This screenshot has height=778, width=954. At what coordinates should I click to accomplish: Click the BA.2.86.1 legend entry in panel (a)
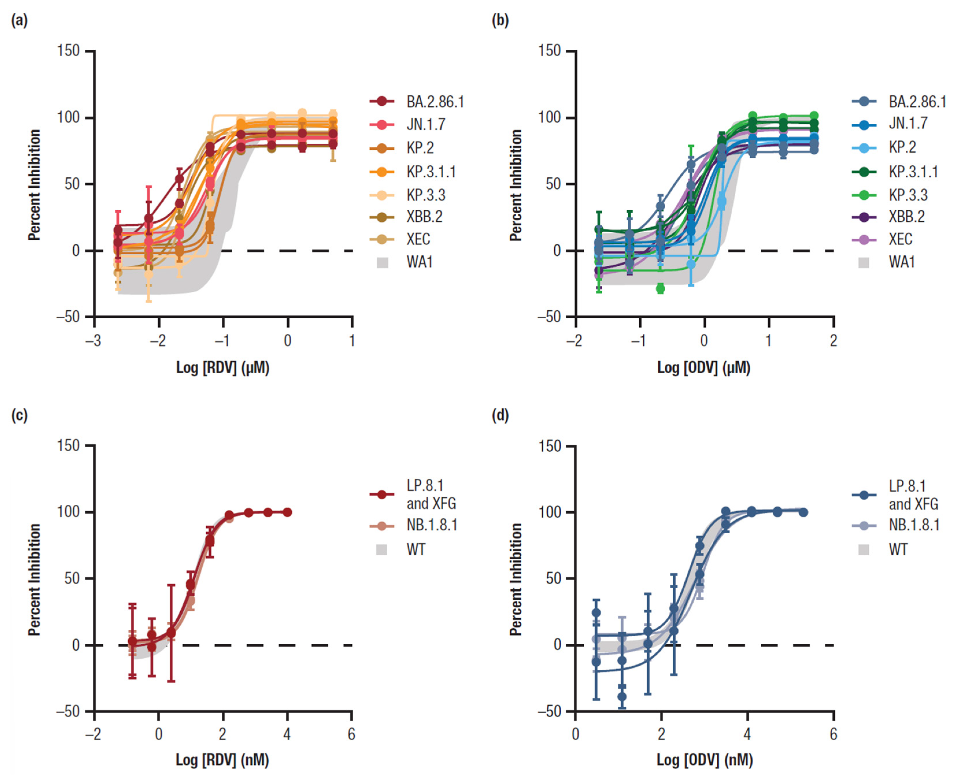(417, 102)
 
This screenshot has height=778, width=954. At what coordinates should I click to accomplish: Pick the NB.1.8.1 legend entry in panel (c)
(413, 525)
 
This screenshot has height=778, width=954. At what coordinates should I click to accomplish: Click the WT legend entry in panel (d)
(883, 549)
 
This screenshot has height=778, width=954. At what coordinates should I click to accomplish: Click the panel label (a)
(19, 20)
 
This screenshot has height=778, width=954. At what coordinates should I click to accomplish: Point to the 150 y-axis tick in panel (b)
(550, 51)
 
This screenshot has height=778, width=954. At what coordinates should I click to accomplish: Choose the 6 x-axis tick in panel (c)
(351, 735)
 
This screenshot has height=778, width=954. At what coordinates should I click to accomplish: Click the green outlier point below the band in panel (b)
(660, 289)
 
